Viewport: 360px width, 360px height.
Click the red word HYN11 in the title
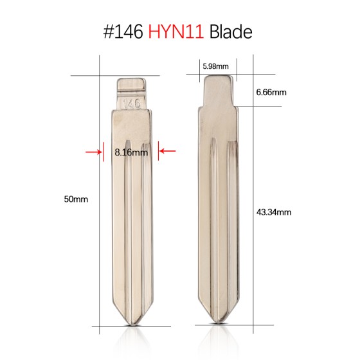[x=176, y=32]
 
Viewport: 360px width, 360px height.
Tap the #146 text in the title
[x=123, y=32]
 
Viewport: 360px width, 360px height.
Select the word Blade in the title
[x=231, y=32]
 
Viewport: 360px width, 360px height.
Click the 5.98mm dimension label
[x=215, y=66]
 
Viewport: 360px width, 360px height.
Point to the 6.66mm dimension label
[x=271, y=93]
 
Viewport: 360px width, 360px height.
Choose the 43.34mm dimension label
[x=274, y=212]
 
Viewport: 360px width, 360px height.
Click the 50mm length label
[x=76, y=199]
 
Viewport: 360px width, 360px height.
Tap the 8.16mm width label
[x=131, y=152]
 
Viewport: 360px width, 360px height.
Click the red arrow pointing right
[x=94, y=152]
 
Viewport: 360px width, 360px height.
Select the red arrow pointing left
[x=168, y=151]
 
